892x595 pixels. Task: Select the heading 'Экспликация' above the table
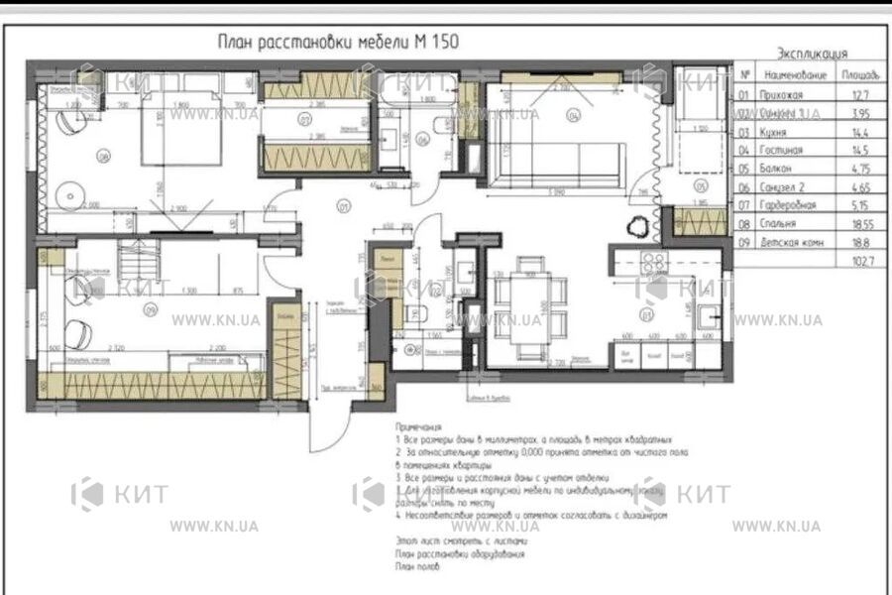813,54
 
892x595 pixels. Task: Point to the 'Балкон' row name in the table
779,169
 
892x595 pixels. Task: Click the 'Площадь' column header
859,75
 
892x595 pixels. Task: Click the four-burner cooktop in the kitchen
655,263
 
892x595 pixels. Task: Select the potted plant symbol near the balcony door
636,227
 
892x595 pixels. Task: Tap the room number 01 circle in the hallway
345,207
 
